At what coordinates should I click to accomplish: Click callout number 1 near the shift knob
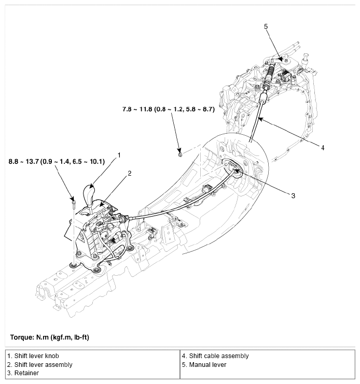[x=119, y=155]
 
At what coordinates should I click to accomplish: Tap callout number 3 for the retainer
[x=293, y=196]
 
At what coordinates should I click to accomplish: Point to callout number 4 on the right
[x=322, y=148]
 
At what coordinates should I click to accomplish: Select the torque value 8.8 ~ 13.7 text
[x=57, y=162]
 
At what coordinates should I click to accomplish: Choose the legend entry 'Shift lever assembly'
[x=39, y=364]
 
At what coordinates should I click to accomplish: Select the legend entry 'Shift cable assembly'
[x=215, y=356]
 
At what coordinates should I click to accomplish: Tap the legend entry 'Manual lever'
[x=204, y=364]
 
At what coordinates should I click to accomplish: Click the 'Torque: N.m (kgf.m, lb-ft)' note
[x=49, y=337]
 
